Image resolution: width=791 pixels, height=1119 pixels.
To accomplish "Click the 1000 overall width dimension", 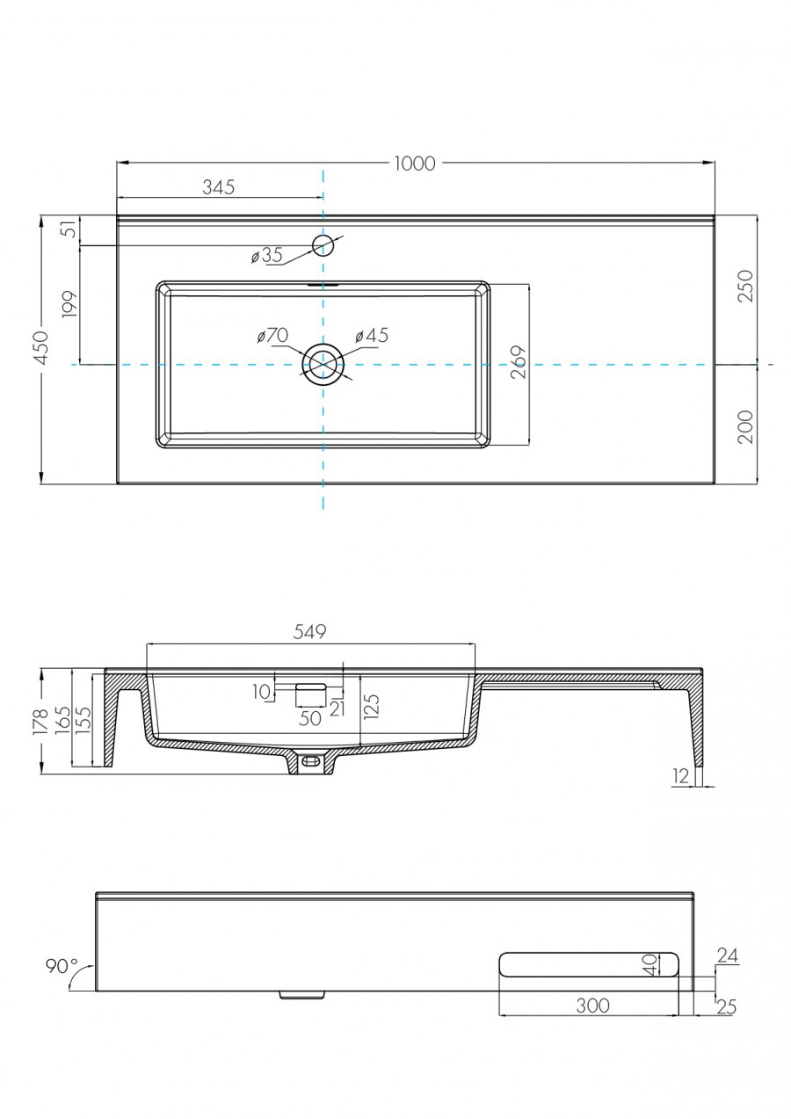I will tap(415, 163).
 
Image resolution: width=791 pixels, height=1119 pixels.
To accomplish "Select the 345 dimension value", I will tap(219, 186).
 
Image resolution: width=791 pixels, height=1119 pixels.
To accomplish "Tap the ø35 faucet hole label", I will tap(266, 256).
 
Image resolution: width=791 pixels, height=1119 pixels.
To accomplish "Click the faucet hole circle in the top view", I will tap(323, 245).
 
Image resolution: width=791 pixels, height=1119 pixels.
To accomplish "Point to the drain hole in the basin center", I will tap(323, 363).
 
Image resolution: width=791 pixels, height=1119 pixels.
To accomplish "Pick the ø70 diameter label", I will tap(272, 336).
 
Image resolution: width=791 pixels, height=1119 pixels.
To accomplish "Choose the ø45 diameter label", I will tap(371, 336).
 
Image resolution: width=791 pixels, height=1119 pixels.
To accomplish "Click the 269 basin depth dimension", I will tap(518, 363).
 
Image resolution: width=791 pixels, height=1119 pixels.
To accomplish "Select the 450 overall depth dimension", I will tap(41, 349).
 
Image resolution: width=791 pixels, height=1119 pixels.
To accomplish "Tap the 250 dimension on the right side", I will tap(746, 287).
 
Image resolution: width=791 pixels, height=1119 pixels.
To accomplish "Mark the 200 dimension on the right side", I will tap(746, 426).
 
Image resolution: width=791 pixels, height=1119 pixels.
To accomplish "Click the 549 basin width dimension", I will tap(310, 631).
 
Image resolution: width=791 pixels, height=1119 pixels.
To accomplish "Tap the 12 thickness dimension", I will tap(680, 775).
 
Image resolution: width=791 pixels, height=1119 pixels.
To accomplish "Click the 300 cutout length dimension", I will tap(592, 1006).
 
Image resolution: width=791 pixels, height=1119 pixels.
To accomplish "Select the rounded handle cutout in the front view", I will tap(589, 964).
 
